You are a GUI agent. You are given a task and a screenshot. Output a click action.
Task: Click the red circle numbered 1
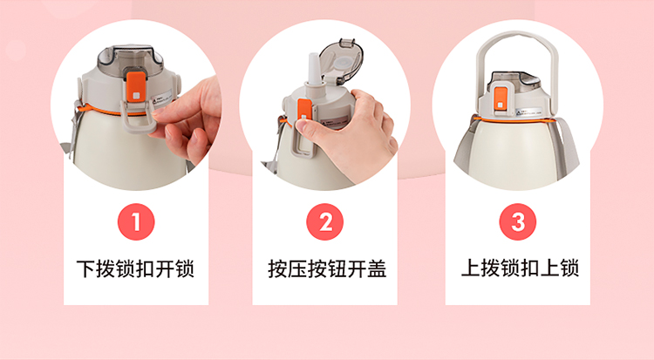coord(136,221)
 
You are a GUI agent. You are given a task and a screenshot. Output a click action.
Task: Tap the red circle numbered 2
coord(325,221)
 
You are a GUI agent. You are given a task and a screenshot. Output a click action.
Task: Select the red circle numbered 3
coord(518,221)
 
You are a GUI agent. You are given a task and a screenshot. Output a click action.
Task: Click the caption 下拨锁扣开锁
coord(135,268)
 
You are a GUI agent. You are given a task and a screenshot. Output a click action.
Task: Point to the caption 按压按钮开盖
coord(327,268)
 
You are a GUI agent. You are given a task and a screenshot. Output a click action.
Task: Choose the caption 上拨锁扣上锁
coord(520,268)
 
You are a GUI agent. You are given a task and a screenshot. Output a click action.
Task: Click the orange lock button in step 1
coord(135,87)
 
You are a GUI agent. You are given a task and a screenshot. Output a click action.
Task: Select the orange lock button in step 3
coord(501,98)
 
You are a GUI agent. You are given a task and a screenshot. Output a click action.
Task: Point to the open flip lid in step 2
coord(340,63)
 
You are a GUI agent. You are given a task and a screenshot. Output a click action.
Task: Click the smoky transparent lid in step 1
coord(130,59)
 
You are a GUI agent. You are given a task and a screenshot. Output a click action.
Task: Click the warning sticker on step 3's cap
coord(528,112)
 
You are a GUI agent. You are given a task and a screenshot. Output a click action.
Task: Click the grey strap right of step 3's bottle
coord(568,146)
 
